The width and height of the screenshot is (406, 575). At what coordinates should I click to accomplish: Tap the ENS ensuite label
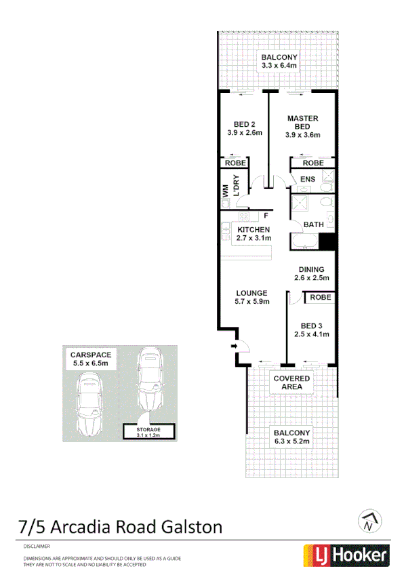(x=307, y=180)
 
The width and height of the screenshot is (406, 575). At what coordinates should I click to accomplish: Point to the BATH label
(x=313, y=224)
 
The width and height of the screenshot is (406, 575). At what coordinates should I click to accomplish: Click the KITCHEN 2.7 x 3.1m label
(x=253, y=234)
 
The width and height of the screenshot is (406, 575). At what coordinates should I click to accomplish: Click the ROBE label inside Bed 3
(x=320, y=298)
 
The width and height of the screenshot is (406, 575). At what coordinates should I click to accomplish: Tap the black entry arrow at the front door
(x=235, y=346)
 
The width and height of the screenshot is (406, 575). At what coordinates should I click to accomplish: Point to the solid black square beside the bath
(x=327, y=241)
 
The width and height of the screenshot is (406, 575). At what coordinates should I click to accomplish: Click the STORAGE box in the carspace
(x=148, y=431)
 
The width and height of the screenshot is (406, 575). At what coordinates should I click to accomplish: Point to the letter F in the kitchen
(x=266, y=216)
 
